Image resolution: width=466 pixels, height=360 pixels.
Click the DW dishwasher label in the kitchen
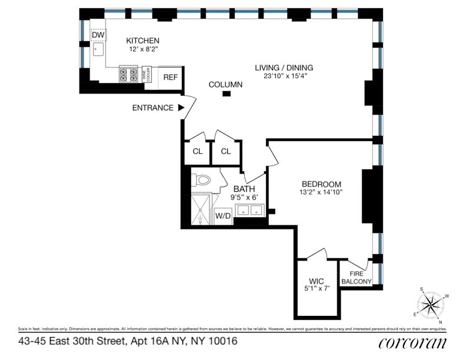[x=98, y=35]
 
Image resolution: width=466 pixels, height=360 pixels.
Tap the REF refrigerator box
[x=171, y=77]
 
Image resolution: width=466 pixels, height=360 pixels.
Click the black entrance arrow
[x=181, y=108]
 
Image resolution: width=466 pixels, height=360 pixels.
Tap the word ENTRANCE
[x=152, y=108]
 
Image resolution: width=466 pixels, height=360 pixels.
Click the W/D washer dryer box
[x=222, y=216]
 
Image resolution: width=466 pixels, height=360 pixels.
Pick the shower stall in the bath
[x=201, y=210]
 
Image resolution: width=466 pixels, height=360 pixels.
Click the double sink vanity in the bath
[x=249, y=210]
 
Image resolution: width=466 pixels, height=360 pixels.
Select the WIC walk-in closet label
[x=317, y=281]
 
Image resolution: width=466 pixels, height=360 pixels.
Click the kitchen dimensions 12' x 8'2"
[x=143, y=49]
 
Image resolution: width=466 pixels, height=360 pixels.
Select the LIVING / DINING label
[x=284, y=68]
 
